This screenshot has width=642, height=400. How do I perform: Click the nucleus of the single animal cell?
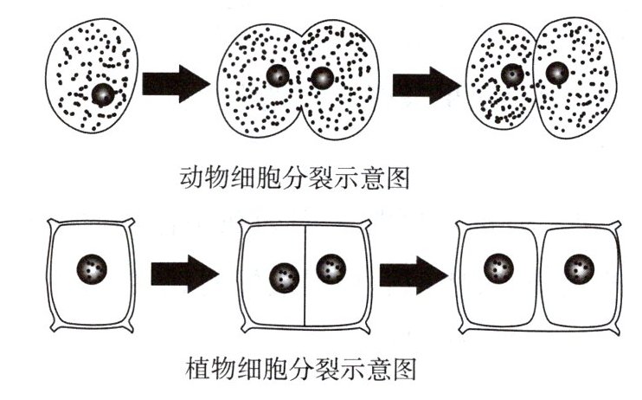103,94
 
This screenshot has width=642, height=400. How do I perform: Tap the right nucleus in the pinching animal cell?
321,79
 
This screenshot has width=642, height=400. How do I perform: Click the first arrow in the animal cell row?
176,84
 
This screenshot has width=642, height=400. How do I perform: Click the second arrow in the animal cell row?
425,84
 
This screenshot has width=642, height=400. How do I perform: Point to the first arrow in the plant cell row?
183,275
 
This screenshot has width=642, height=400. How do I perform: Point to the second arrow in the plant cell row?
414,275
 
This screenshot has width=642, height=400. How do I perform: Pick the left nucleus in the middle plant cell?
284,278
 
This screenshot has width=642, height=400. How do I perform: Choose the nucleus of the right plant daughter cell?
579,268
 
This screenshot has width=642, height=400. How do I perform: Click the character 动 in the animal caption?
190,179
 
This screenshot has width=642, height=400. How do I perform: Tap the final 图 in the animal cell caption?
395,179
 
